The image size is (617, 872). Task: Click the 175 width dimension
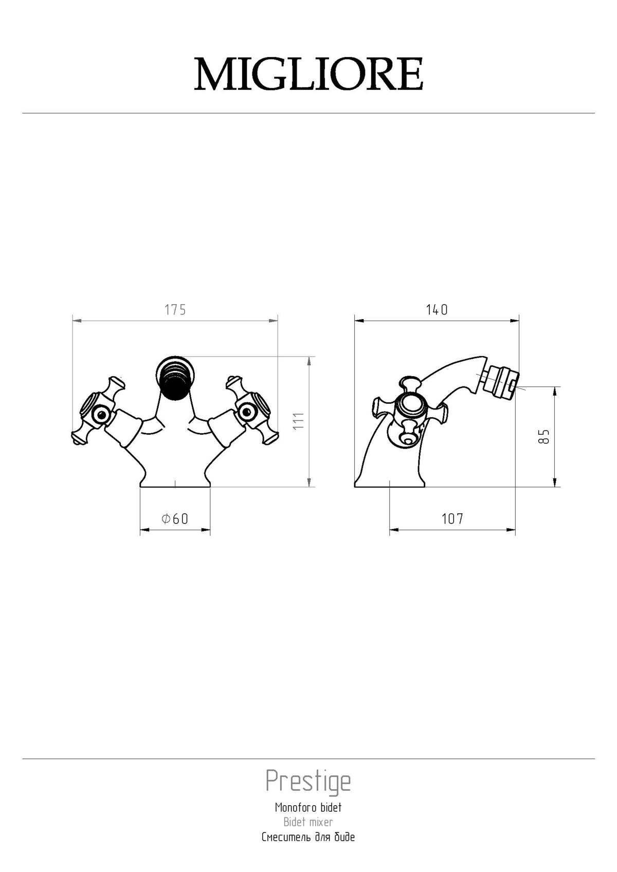tap(175, 310)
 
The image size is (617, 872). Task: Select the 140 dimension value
tap(437, 310)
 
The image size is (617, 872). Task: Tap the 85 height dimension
tap(545, 436)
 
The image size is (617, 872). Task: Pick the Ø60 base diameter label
tap(175, 519)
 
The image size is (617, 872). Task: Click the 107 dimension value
tap(452, 519)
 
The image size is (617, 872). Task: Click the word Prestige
tap(308, 782)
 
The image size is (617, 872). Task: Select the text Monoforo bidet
tap(308, 807)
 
